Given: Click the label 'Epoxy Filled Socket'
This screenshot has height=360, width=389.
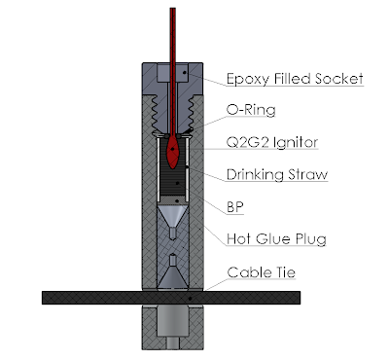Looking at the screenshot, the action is pos(294,79).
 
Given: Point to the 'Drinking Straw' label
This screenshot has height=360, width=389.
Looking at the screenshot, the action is pos(276,176).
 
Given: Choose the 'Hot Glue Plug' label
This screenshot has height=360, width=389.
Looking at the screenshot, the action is pos(274,237).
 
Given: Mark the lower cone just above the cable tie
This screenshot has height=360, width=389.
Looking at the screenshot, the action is pos(172,277).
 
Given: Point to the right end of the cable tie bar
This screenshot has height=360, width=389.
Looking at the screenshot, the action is pos(292,295).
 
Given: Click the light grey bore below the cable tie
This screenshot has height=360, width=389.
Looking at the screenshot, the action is pos(173,321).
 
